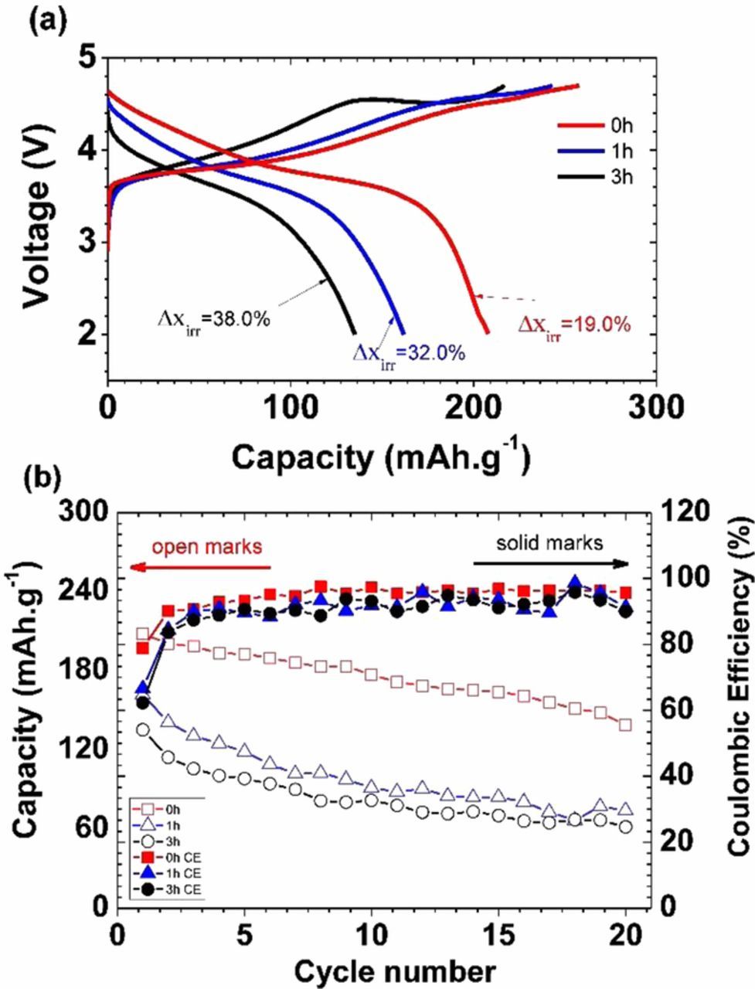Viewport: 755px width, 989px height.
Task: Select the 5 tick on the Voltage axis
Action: [91, 58]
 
